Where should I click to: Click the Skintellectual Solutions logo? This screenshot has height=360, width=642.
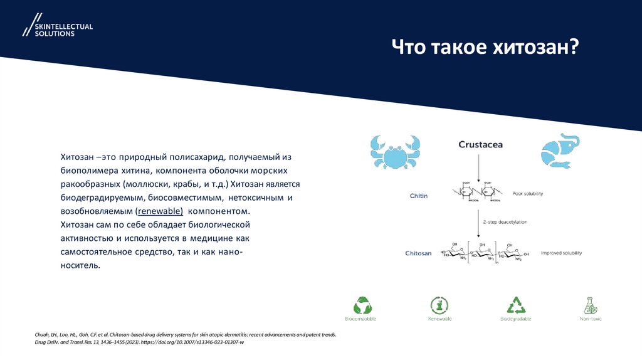[57, 26]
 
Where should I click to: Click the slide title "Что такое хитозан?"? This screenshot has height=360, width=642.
[485, 48]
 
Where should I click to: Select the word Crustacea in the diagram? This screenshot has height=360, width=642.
[480, 145]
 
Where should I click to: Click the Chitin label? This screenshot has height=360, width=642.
[419, 196]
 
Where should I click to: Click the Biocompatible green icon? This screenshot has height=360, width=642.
[362, 305]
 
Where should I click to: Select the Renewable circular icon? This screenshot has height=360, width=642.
[439, 305]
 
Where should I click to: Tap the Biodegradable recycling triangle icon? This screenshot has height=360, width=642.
[515, 305]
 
